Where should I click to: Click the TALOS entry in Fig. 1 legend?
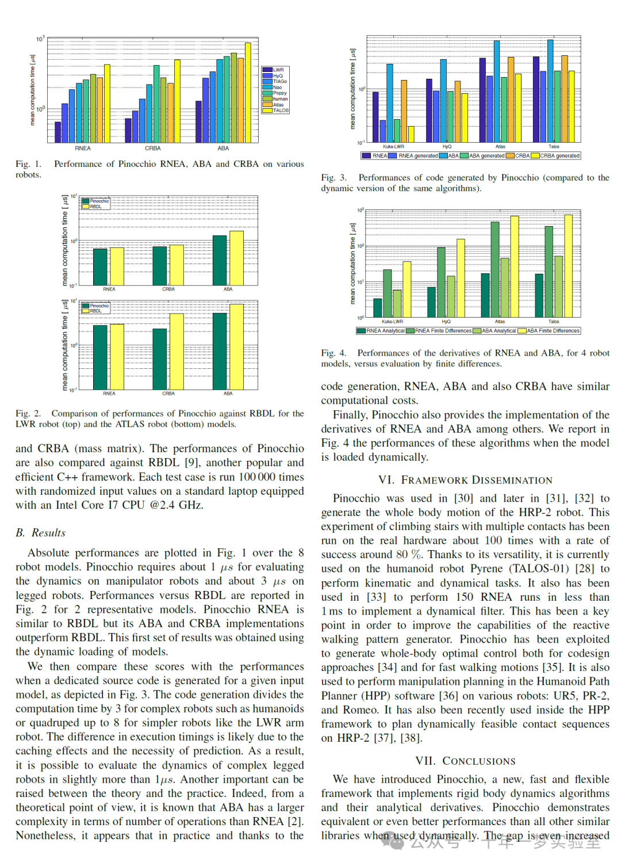tap(281, 110)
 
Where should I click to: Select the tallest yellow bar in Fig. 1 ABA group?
tap(248, 92)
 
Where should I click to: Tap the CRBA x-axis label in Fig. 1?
tap(153, 148)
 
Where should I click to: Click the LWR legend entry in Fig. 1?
tap(278, 70)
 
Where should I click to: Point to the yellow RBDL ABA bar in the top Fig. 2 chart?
tap(236, 258)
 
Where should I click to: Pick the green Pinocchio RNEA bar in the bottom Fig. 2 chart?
tap(100, 357)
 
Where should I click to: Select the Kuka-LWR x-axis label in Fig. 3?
tap(393, 147)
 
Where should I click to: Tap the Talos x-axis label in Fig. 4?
tap(554, 322)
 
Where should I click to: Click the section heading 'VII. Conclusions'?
tap(465, 761)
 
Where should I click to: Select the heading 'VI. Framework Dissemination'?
tap(465, 480)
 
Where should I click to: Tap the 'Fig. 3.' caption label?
tap(333, 178)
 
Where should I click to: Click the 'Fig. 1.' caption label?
tap(28, 164)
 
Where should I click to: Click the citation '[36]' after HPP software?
tap(448, 696)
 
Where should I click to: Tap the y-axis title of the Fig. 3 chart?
tap(352, 89)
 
